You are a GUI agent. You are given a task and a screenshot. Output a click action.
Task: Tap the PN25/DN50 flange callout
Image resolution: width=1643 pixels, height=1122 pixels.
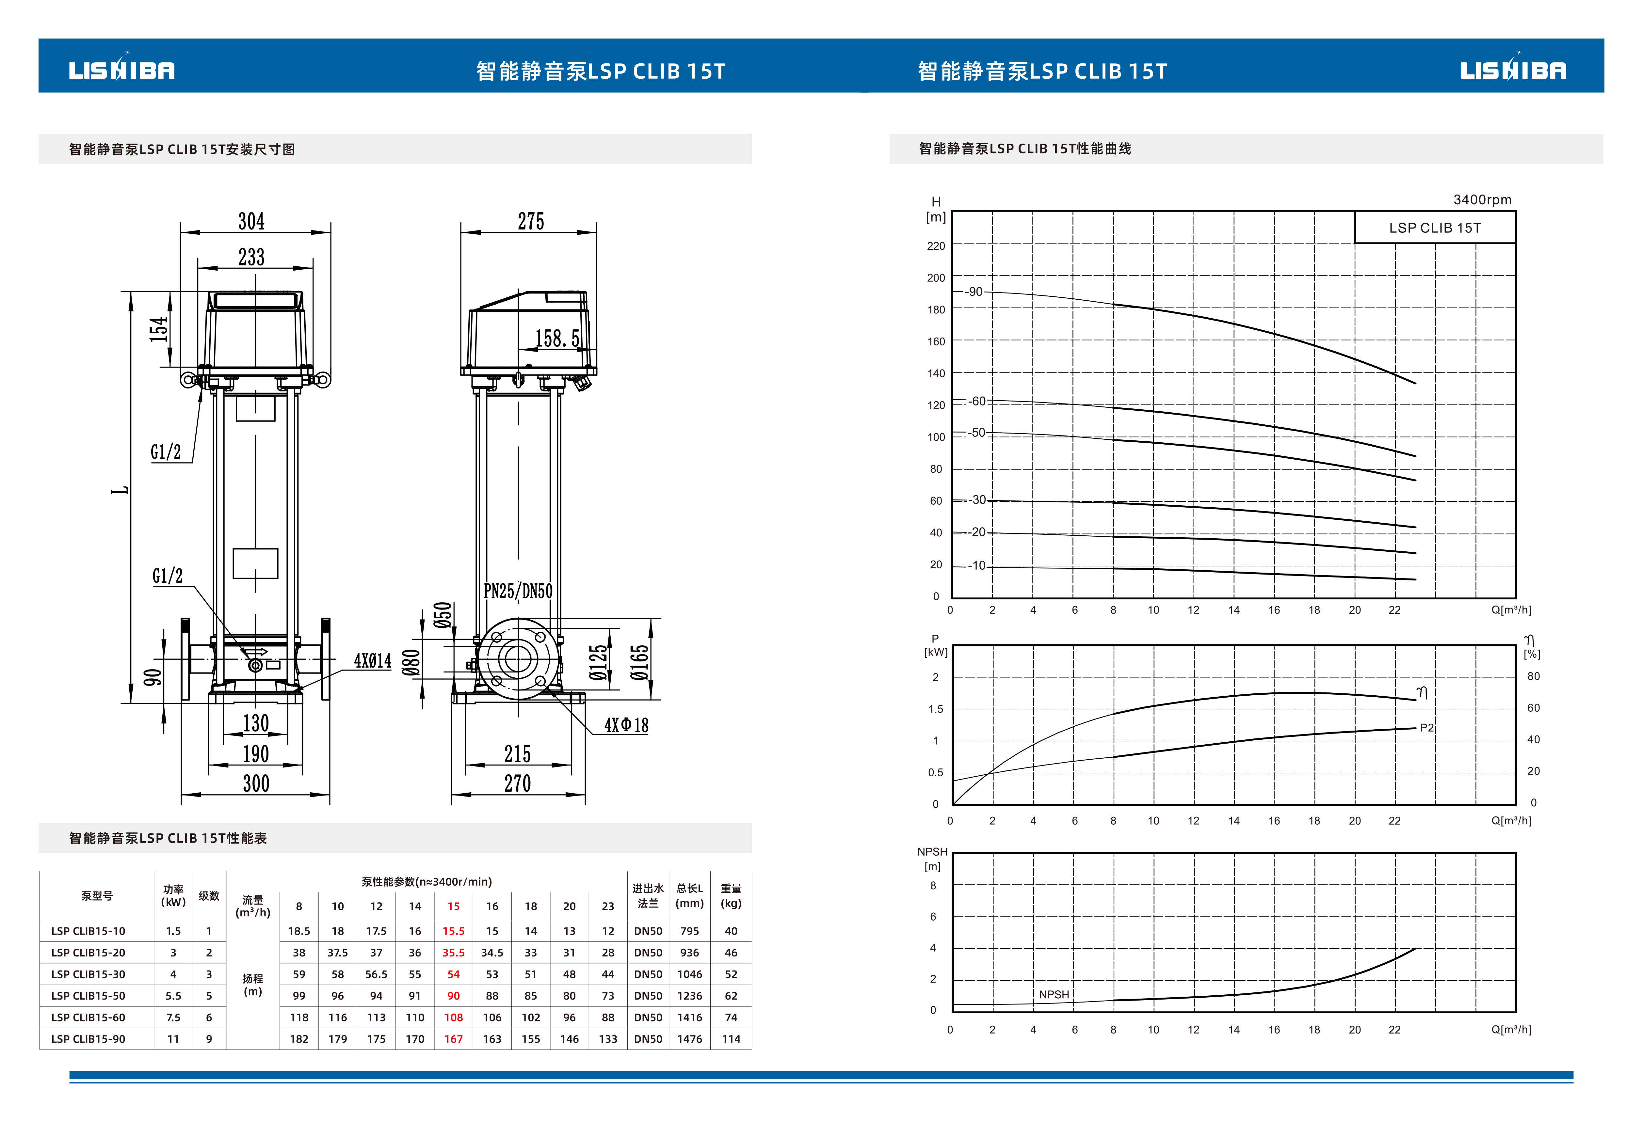pyautogui.click(x=518, y=591)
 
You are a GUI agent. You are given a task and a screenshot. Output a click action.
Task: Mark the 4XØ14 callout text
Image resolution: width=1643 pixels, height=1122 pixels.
pyautogui.click(x=373, y=661)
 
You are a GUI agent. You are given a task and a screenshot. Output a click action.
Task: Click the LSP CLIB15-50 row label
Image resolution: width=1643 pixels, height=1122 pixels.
pyautogui.click(x=89, y=996)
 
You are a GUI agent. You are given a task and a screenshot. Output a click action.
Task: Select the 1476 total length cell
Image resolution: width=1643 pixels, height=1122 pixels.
pyautogui.click(x=689, y=1039)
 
